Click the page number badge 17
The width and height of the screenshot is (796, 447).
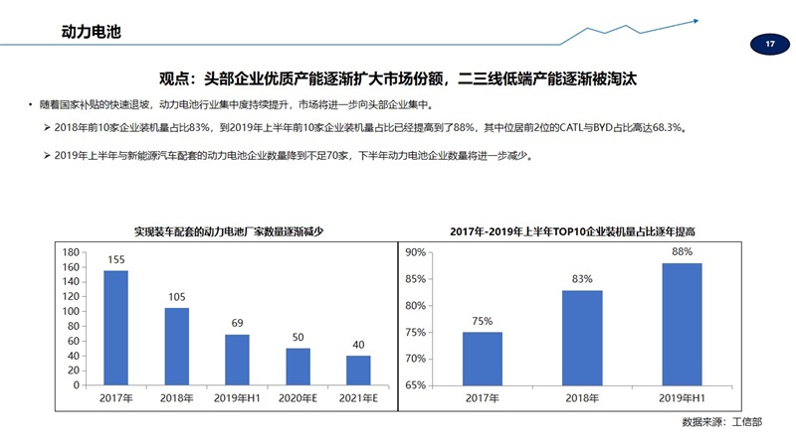[769, 45]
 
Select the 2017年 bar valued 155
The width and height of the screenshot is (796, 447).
[116, 327]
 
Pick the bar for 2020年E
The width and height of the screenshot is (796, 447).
[298, 366]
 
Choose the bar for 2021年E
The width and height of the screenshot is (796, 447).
[358, 370]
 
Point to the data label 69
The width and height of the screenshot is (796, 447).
[237, 324]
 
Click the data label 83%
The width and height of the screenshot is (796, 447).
[582, 279]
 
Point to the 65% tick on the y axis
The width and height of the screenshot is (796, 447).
[415, 384]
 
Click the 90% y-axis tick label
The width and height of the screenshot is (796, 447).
[415, 252]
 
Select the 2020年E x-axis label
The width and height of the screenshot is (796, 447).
[298, 398]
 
